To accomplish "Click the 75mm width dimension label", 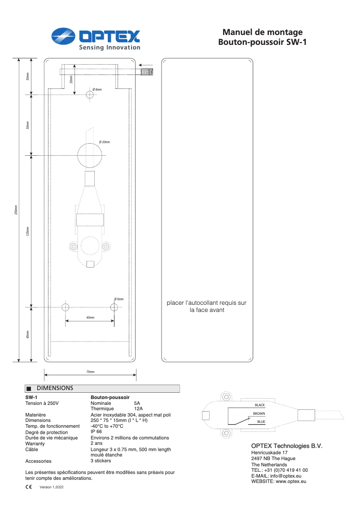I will [90, 372].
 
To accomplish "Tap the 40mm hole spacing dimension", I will [90, 318].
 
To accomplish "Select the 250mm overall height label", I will [16, 210].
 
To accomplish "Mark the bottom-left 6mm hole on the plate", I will [66, 307].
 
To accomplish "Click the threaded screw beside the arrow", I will [147, 71].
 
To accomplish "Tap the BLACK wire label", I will [259, 405].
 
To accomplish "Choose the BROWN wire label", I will [259, 413].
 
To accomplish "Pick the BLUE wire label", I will [261, 422].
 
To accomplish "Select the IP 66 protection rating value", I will [96, 431].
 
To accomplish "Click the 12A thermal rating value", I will [138, 409].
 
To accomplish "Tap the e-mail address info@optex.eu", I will [285, 476].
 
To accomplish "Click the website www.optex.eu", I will [291, 481].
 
